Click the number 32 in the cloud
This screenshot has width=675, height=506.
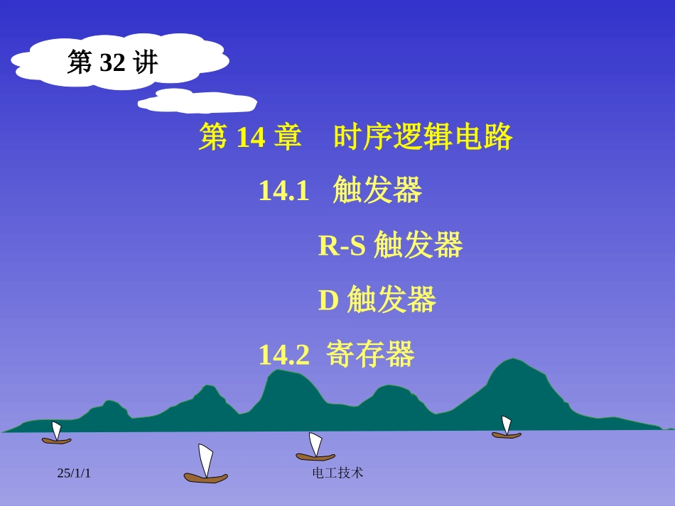coord(112,63)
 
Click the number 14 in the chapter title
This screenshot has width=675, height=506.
coord(250,138)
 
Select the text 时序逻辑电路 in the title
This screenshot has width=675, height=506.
coord(423,138)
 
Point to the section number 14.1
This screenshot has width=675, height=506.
coord(283,191)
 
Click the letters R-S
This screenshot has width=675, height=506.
coord(341,246)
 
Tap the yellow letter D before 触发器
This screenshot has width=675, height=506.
coord(328,300)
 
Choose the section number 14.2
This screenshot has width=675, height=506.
coord(283,355)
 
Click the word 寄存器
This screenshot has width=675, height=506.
coord(370,355)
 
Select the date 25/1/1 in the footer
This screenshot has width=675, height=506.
coord(74,473)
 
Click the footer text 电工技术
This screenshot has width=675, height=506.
coord(337,473)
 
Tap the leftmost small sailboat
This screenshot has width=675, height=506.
coord(56,434)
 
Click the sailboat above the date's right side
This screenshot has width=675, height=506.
coord(205,465)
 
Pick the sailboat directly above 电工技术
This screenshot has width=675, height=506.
coord(315,448)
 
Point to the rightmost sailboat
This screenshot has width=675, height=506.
coord(506,428)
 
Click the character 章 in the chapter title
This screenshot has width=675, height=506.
coord(287,138)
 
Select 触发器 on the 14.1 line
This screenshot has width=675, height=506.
coord(377,191)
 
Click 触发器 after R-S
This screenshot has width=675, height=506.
coord(418,246)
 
